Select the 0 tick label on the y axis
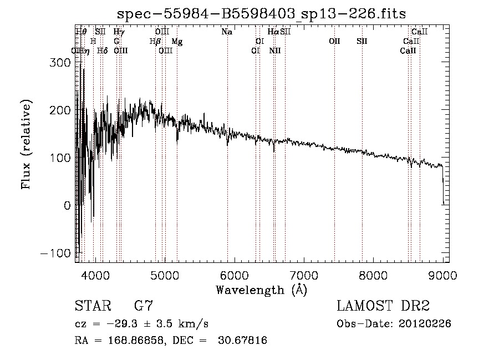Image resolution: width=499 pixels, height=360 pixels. click(67, 205)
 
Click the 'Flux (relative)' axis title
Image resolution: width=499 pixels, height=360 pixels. click(26, 144)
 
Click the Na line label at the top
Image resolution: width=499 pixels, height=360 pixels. click(227, 32)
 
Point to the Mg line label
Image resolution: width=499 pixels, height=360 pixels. click(177, 42)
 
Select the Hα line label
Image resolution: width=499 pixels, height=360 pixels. click(273, 32)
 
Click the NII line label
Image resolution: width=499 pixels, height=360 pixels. click(275, 50)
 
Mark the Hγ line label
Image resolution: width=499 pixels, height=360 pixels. click(119, 32)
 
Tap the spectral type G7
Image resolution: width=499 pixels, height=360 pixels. click(144, 306)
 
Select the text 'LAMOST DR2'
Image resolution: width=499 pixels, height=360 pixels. click(383, 306)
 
